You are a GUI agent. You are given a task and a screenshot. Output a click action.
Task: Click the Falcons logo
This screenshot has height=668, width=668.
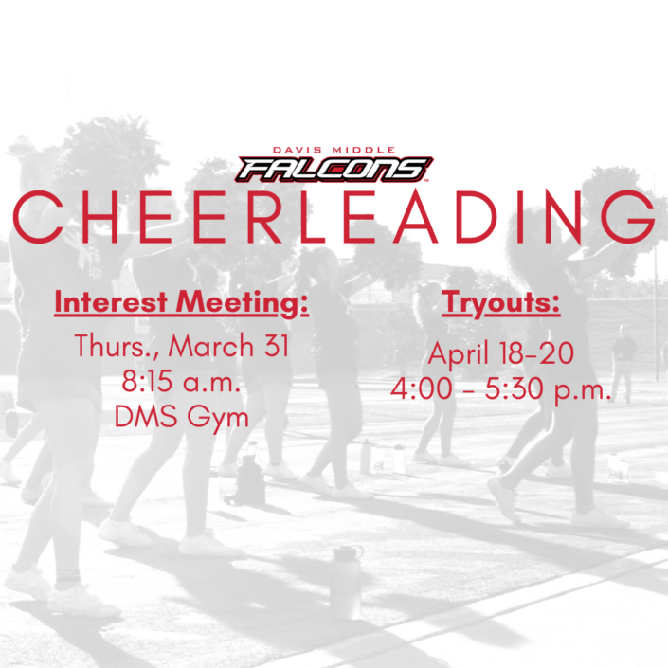[x=334, y=170]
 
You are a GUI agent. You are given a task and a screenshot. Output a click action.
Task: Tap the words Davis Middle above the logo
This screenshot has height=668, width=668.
[x=334, y=150]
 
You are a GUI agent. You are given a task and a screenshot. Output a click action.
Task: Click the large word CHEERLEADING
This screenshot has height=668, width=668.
[x=334, y=217]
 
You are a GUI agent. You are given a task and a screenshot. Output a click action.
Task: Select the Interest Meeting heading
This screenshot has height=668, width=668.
[x=182, y=303]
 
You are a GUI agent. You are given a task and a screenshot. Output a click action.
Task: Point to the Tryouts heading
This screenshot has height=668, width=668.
[x=500, y=303]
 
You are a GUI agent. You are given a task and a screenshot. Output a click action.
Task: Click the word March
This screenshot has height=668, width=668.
[x=211, y=346]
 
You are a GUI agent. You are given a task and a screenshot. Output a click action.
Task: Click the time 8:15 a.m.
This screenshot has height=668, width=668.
[x=181, y=381]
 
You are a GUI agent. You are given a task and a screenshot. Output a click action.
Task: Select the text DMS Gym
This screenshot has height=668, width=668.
[x=182, y=417]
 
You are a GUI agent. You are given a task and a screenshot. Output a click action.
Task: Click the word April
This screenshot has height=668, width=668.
[x=459, y=354]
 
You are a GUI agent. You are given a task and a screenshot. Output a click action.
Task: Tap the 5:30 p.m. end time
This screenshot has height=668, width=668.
[x=548, y=390]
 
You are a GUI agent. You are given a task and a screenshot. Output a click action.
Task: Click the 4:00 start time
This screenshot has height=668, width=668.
[x=422, y=388]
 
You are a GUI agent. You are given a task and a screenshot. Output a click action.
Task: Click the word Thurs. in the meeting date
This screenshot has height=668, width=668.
[x=117, y=346]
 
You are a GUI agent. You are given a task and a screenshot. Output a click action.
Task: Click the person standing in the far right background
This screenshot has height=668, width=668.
[x=623, y=363]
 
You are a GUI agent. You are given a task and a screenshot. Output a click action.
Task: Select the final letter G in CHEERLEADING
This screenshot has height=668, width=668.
[x=631, y=217]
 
